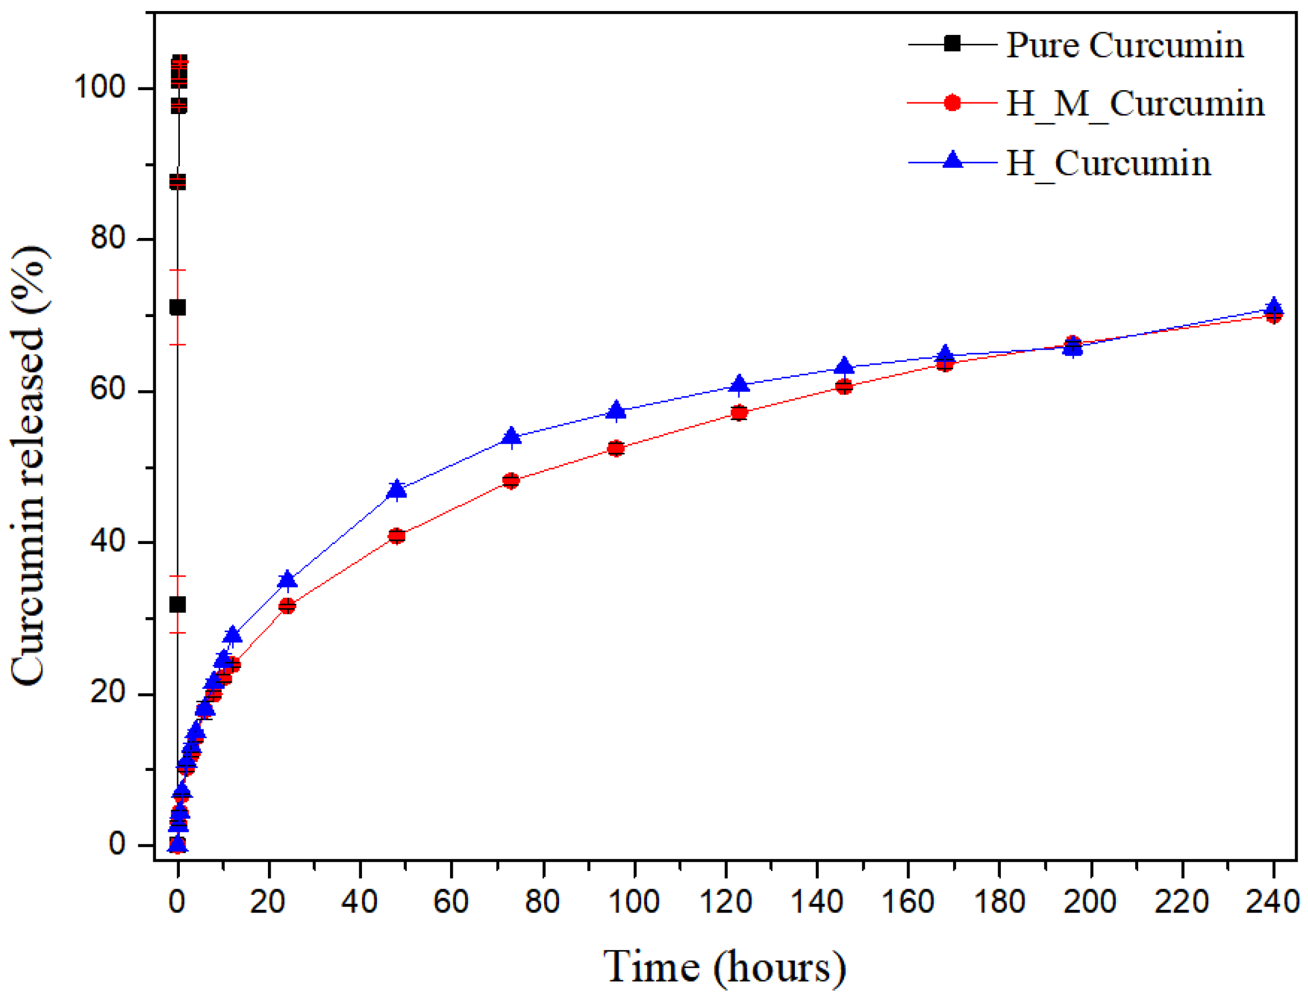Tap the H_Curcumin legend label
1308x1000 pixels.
(x=1108, y=163)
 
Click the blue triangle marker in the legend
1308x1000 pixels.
(x=952, y=160)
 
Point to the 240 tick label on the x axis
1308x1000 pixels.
(x=1272, y=901)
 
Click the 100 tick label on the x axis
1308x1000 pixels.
(x=634, y=901)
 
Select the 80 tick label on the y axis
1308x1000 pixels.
(x=108, y=238)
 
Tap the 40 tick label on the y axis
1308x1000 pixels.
(x=108, y=541)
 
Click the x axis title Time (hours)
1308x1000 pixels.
(x=724, y=967)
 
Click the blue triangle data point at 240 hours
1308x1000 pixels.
(x=1274, y=307)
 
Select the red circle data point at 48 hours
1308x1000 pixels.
(x=396, y=536)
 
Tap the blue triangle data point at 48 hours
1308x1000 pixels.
(x=396, y=489)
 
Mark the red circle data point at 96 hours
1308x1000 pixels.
(x=616, y=448)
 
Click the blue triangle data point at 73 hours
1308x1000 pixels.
(x=511, y=436)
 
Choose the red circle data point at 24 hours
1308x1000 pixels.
(x=287, y=605)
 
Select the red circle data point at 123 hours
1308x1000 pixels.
(x=739, y=412)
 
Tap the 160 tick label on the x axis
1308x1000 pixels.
(x=907, y=901)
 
